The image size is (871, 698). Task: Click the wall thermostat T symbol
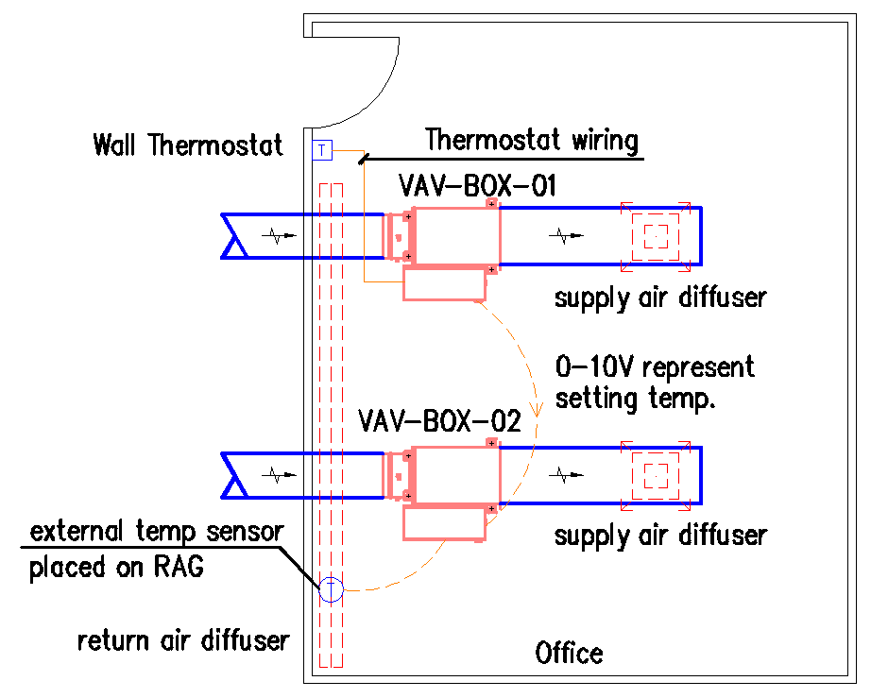coord(321,150)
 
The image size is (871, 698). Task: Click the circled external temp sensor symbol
coord(331,590)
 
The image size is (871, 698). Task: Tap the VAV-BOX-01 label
coord(477,185)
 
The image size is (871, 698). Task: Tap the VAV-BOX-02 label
coord(439,421)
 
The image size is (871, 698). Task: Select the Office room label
coord(569,653)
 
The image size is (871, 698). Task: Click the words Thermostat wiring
coord(532,141)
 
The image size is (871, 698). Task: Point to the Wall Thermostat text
coord(188,145)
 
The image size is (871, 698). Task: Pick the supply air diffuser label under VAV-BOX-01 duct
coord(660,298)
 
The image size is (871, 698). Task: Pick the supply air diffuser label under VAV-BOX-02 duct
coord(660,536)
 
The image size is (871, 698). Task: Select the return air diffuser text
coord(183,640)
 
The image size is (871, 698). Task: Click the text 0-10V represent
coord(655,366)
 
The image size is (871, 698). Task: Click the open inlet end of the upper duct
coord(231,235)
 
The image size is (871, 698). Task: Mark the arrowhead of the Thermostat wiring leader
coord(363,160)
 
